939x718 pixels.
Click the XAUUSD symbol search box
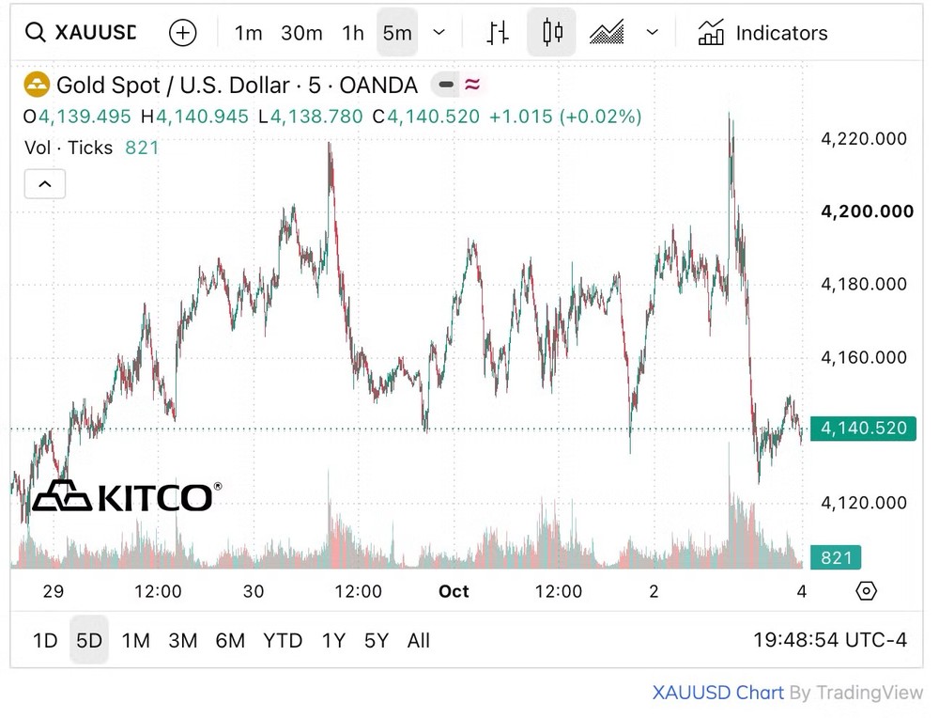[81, 32]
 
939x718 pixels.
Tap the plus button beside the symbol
[183, 32]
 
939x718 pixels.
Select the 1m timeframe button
[248, 33]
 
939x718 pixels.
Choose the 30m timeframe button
[301, 33]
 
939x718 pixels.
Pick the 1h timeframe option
[353, 33]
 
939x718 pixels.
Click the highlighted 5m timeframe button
[397, 33]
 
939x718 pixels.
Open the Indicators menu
[762, 33]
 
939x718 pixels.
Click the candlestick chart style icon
[551, 32]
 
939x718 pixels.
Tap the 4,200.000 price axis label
[867, 211]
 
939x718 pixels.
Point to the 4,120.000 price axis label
[864, 502]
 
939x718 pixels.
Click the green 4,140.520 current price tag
[863, 429]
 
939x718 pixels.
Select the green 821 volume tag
[836, 557]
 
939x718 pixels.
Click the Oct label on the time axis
[454, 591]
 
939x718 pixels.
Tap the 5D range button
[88, 640]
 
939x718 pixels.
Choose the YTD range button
[283, 641]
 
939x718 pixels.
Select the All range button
[419, 641]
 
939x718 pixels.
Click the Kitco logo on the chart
[127, 496]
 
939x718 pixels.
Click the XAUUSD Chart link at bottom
[718, 693]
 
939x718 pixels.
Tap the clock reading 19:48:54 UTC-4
[830, 640]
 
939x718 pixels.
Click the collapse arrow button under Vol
[45, 184]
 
